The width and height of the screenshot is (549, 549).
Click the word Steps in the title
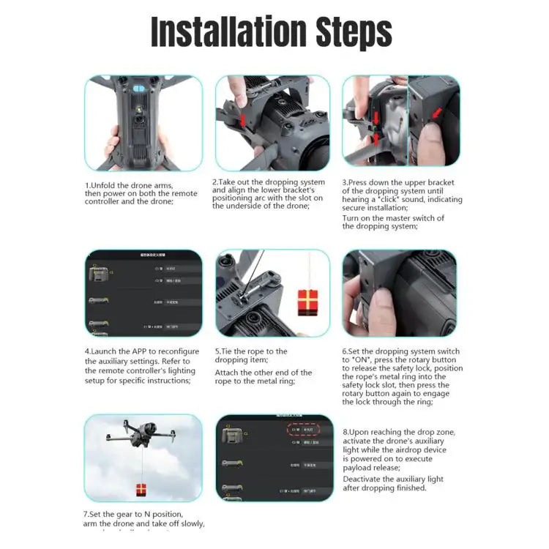(x=343, y=33)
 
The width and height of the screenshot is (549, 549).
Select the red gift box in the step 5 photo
(x=308, y=301)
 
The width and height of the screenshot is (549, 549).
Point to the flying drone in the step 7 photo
(x=139, y=438)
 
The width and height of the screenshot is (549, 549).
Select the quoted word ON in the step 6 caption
(x=362, y=360)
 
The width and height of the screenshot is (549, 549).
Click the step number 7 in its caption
(x=86, y=514)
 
